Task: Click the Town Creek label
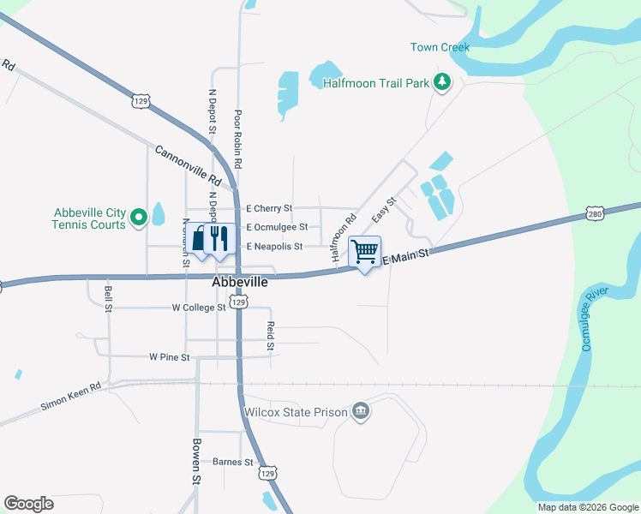[x=440, y=47]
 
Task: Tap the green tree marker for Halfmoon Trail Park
[x=442, y=82]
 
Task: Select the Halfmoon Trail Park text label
[x=375, y=83]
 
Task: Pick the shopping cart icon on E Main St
[x=365, y=251]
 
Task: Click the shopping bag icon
[x=199, y=238]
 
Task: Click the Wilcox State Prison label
[x=296, y=412]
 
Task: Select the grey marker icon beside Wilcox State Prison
[x=361, y=412]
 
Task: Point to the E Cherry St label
[x=269, y=208]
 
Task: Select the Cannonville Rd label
[x=189, y=165]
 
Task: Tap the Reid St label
[x=270, y=335]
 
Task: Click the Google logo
[x=29, y=504]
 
